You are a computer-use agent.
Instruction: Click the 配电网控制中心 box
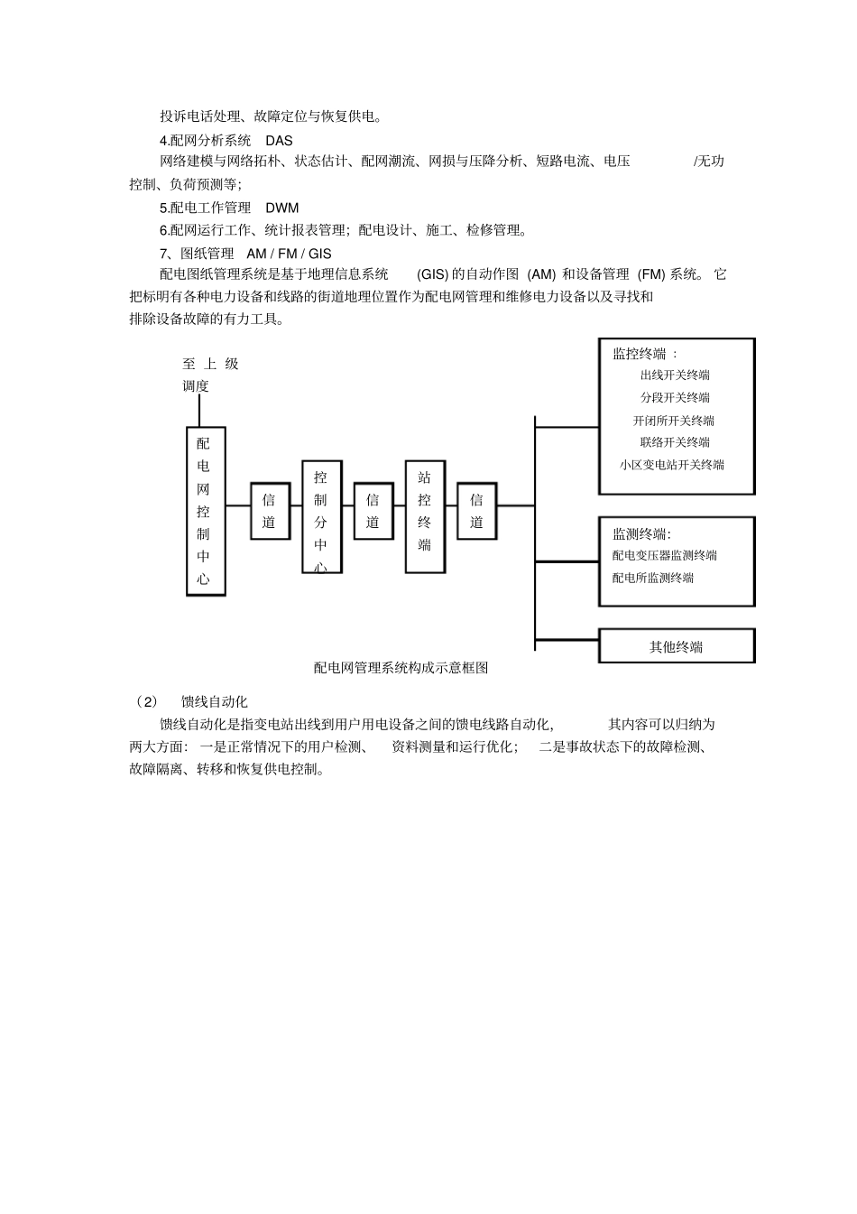tap(205, 511)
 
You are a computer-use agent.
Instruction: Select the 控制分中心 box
tap(320, 516)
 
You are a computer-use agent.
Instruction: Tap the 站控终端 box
tap(425, 516)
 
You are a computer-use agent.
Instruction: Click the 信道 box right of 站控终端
tap(476, 512)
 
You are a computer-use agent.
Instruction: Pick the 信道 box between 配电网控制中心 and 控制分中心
tap(269, 512)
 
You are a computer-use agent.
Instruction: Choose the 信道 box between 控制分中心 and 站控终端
tap(373, 512)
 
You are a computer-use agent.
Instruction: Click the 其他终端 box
tap(677, 646)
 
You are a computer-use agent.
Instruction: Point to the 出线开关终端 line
tap(675, 375)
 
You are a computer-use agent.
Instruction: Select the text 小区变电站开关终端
tap(671, 465)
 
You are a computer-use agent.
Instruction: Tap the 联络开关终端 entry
tap(675, 442)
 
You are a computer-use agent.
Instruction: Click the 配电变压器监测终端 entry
tap(664, 555)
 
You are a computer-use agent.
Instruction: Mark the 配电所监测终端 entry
tap(652, 578)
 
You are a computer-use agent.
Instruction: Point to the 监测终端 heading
tap(641, 534)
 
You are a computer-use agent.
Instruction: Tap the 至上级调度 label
tap(209, 375)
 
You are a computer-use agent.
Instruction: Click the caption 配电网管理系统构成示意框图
tap(401, 668)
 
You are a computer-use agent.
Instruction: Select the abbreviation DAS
tap(279, 141)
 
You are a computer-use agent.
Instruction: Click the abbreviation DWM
tap(281, 208)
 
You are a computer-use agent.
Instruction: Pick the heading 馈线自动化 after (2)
tap(214, 701)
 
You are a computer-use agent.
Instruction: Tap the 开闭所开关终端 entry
tap(673, 420)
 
